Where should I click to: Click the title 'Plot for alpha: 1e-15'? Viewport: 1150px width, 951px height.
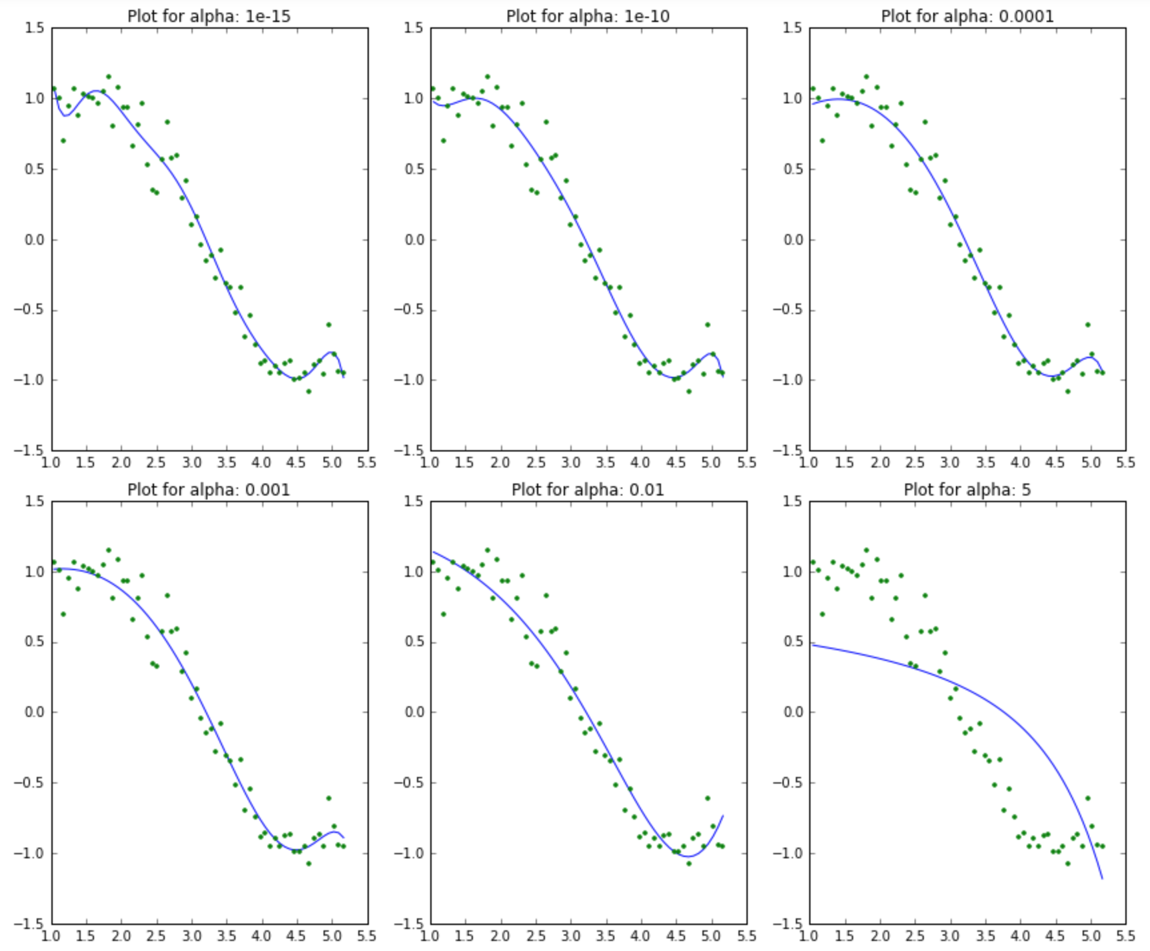tap(209, 16)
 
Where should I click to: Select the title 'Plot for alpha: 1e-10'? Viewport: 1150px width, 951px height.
tap(588, 16)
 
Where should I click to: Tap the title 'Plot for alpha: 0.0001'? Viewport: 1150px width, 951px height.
tap(967, 16)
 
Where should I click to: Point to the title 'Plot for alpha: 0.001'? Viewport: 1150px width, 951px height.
tap(209, 490)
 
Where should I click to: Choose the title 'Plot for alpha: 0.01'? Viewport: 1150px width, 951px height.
tap(588, 490)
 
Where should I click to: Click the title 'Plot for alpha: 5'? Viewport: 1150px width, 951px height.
tap(967, 490)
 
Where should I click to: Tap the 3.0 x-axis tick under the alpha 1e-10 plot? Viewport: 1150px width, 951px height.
tap(570, 462)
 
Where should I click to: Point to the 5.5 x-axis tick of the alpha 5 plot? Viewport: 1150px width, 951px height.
tap(1125, 936)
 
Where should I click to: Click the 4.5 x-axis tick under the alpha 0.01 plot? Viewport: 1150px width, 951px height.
tap(676, 936)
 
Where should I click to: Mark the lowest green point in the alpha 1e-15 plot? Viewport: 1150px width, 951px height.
tap(308, 391)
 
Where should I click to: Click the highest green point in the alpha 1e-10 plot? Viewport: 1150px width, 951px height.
tap(488, 77)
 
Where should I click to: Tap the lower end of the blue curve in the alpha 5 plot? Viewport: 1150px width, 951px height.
tap(1102, 878)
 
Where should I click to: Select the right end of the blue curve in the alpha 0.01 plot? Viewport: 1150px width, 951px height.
tap(722, 816)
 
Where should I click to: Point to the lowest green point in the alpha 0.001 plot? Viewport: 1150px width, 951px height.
tap(308, 864)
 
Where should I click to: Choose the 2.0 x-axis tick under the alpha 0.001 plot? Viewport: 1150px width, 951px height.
tap(121, 936)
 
